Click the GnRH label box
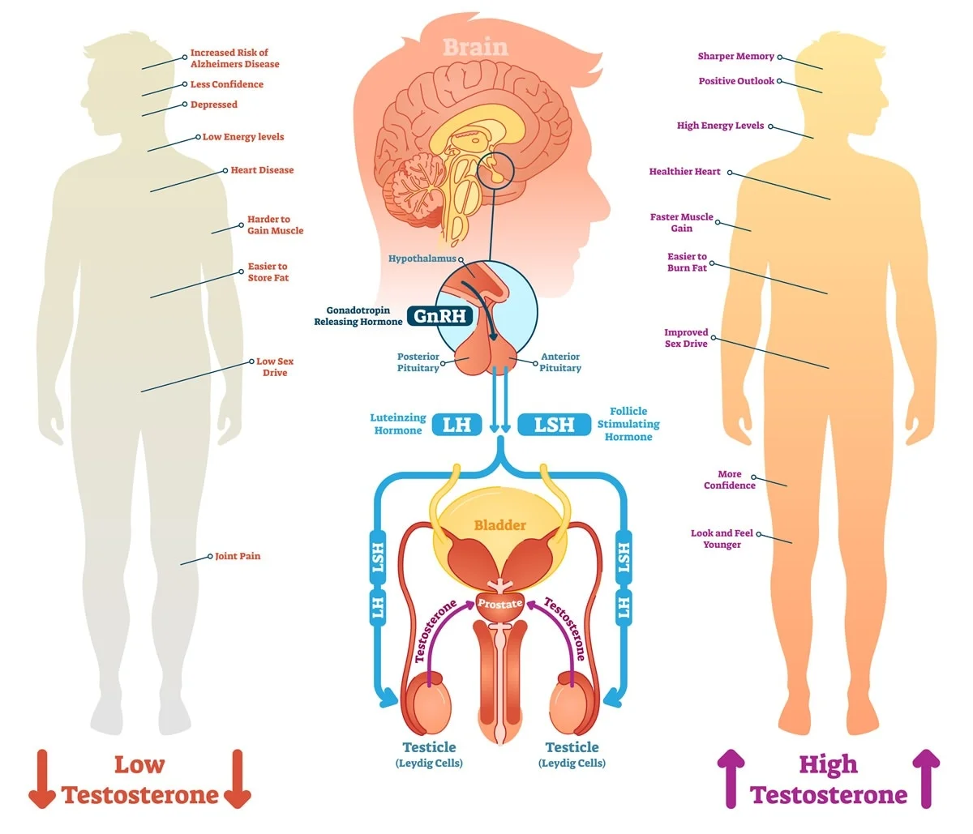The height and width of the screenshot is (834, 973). click(440, 315)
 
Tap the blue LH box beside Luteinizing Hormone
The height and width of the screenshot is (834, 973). click(456, 424)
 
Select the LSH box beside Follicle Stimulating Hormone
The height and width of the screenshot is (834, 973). click(554, 424)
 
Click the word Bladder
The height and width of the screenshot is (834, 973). click(499, 525)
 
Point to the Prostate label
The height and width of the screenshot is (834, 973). click(499, 604)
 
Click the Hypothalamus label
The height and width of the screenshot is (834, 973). click(422, 259)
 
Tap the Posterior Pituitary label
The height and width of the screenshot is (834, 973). click(418, 362)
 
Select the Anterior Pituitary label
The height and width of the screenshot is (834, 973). click(560, 362)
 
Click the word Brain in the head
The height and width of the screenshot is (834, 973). click(475, 47)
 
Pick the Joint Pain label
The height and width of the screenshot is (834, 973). click(238, 556)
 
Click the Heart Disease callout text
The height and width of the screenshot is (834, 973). click(262, 170)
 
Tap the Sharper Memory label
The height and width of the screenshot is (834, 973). click(735, 57)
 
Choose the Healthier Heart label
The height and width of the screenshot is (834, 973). click(684, 172)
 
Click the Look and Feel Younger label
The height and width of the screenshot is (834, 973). click(722, 539)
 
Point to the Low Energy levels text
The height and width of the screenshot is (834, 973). click(243, 137)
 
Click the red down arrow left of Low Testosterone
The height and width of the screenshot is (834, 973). click(42, 779)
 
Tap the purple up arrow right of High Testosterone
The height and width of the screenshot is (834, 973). click(927, 779)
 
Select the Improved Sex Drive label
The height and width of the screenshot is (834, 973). click(686, 338)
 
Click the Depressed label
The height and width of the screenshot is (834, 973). click(214, 105)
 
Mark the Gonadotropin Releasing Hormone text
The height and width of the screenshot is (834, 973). click(358, 316)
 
